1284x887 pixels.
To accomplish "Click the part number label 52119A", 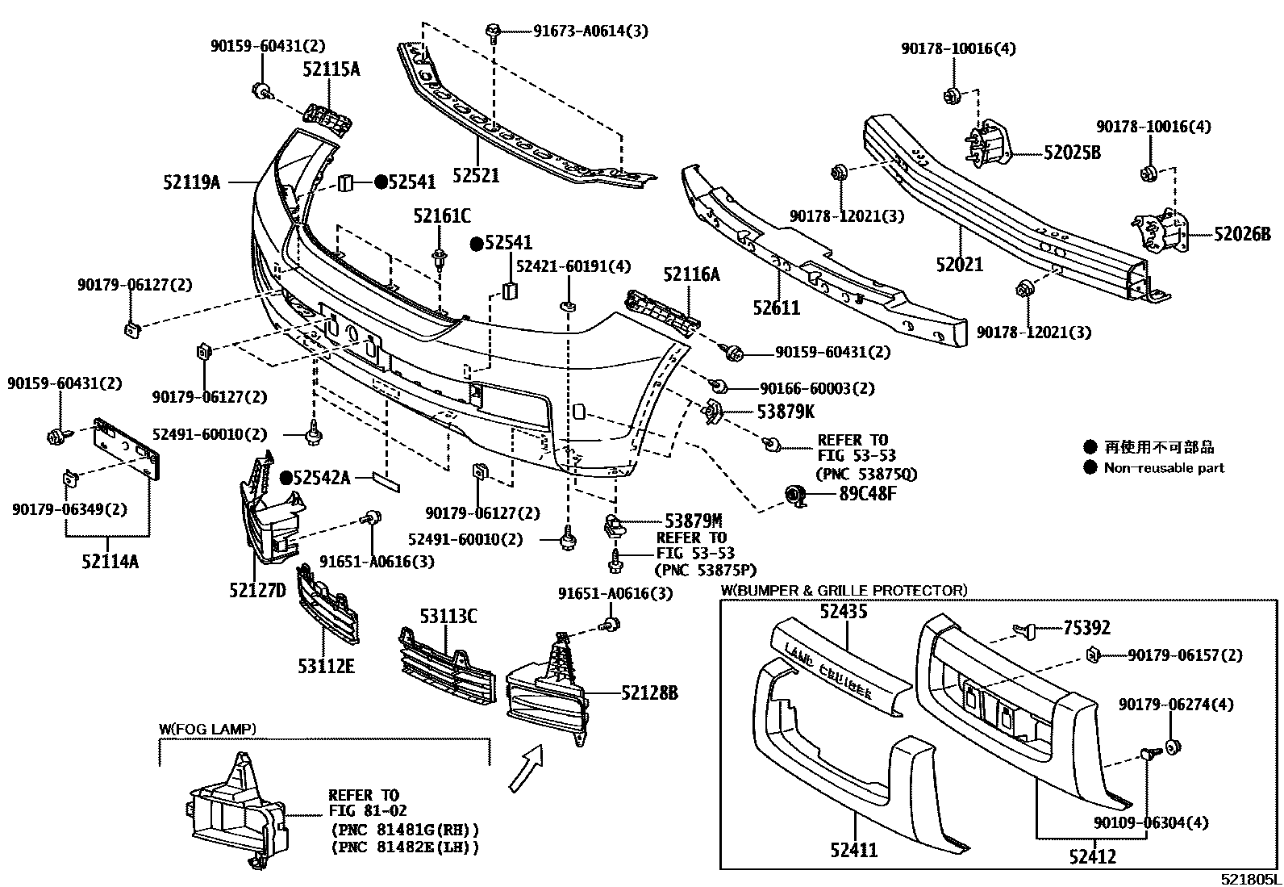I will [192, 183].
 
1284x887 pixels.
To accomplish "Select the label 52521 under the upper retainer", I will [476, 175].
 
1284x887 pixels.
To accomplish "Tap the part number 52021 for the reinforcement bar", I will [960, 264].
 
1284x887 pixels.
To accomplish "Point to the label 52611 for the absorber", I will [777, 308].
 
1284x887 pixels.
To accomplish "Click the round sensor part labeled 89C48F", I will [798, 496].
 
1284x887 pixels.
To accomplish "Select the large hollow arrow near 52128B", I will [525, 767].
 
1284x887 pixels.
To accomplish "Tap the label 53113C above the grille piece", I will [448, 617].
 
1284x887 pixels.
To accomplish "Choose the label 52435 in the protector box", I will [844, 611].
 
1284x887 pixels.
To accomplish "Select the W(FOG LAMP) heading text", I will [207, 730].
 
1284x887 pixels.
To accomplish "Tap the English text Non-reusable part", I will [1163, 467].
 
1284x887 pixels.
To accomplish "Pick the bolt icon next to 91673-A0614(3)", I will [493, 32].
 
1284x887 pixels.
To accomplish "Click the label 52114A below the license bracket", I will [110, 560].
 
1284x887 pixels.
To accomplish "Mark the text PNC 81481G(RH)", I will [405, 829].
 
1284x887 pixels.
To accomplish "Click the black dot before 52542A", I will [285, 478].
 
